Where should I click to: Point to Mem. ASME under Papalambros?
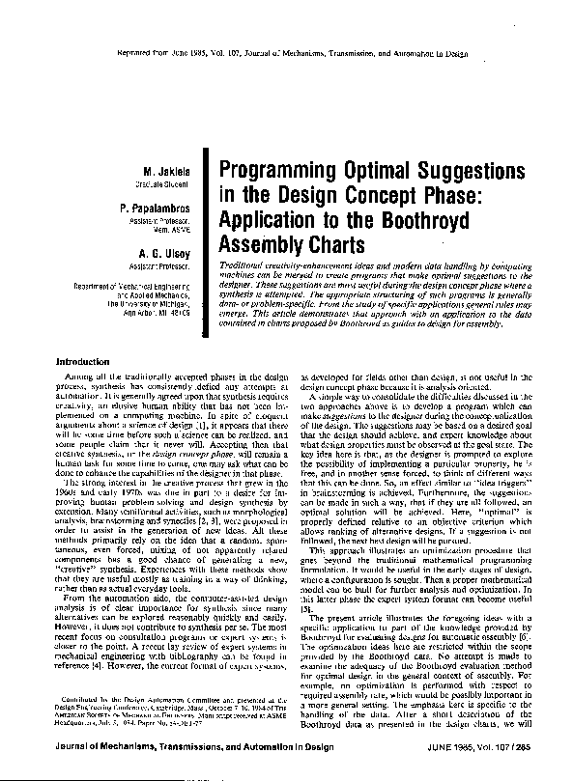pyautogui.click(x=174, y=232)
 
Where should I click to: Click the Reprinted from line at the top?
pyautogui.click(x=286, y=56)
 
